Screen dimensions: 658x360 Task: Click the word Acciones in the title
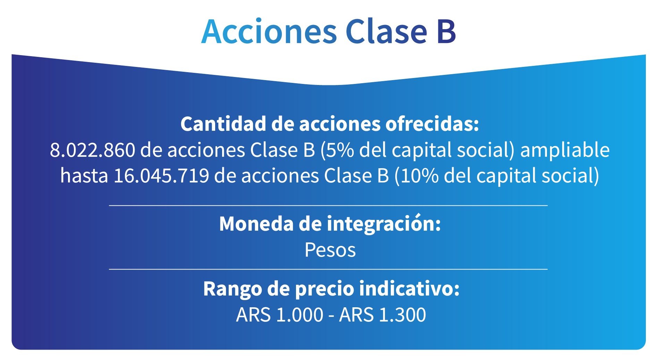[x=269, y=31]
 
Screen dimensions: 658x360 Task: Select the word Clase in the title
[x=386, y=31]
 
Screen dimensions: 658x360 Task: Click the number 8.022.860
[x=92, y=150]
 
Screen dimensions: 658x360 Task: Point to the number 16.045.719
[x=161, y=176]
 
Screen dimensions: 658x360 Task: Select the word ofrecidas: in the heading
[x=432, y=124]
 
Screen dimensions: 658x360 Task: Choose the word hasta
[x=84, y=175]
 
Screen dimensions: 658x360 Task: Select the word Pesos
[x=330, y=250]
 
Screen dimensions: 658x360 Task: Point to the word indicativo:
[x=410, y=289]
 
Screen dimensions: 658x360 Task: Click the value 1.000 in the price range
[x=300, y=315]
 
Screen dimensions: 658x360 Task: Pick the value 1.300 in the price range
[x=403, y=315]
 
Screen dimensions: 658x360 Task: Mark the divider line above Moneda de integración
[x=328, y=206]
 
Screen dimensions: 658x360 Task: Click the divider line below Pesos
[x=328, y=269]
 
